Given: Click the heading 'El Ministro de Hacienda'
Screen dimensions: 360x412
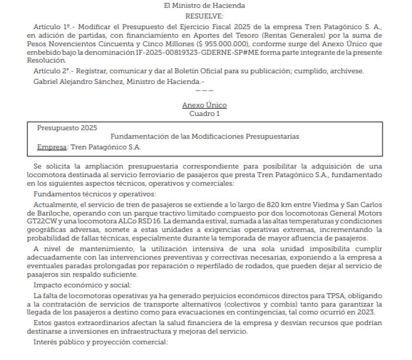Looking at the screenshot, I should click(204, 6).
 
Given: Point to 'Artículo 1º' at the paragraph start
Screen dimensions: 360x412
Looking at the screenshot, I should click(50, 27).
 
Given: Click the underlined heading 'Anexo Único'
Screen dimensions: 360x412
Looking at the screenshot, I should click(204, 105).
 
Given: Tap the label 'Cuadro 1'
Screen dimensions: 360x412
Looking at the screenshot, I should click(204, 114).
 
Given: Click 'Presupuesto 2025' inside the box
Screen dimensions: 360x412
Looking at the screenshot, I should click(67, 127).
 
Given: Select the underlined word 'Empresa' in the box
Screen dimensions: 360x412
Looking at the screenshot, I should click(52, 147).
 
